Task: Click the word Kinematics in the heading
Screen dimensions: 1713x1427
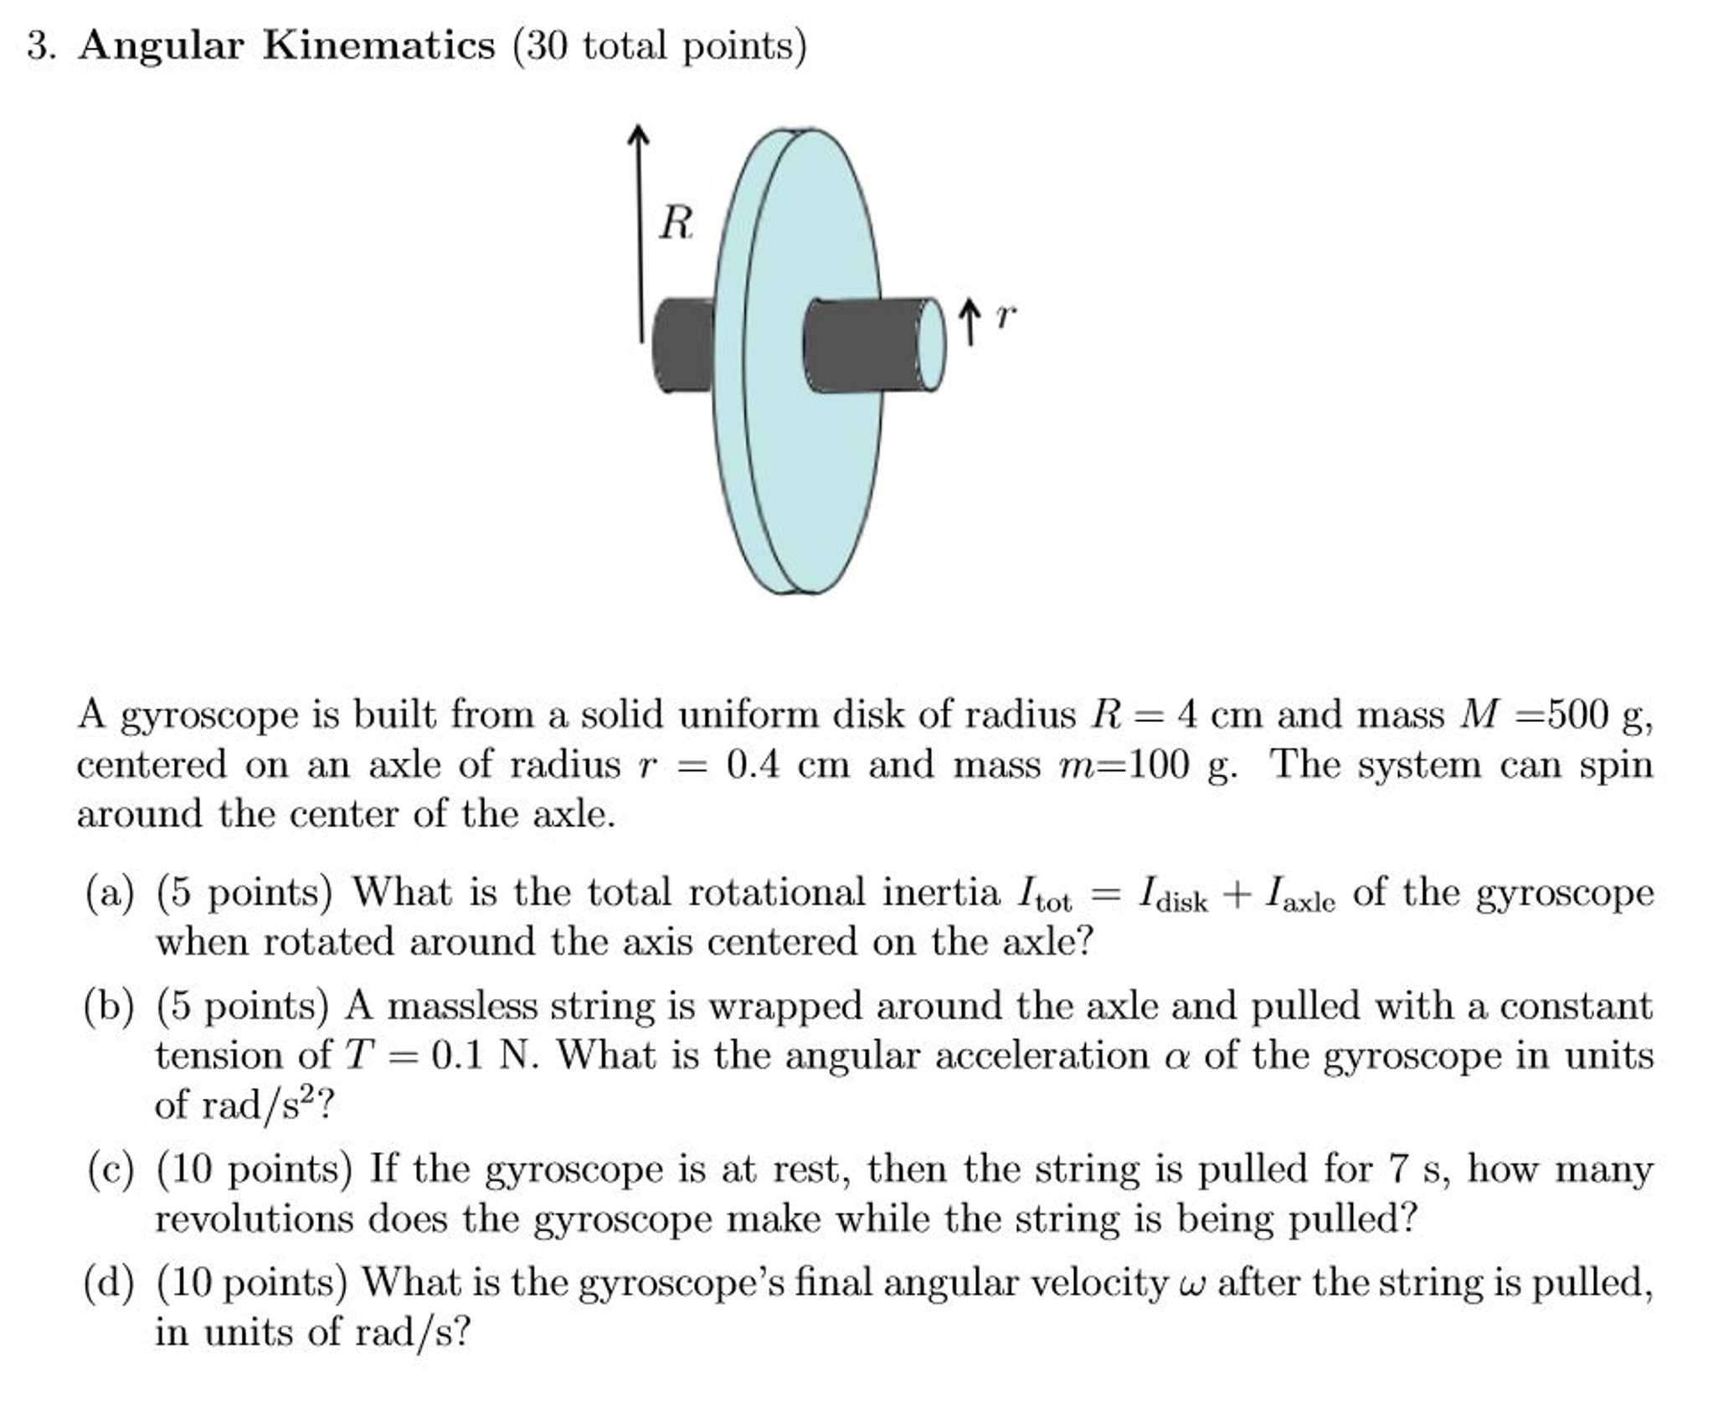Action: click(378, 45)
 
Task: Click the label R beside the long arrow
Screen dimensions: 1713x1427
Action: click(676, 224)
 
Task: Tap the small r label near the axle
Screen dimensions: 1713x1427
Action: click(1006, 317)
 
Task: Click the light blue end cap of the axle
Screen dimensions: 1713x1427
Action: click(931, 344)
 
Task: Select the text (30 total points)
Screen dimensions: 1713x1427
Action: click(660, 46)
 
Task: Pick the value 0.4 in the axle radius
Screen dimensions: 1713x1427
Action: click(753, 764)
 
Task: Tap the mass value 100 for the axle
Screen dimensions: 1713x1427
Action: click(1159, 764)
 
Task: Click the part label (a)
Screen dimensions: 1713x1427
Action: click(110, 893)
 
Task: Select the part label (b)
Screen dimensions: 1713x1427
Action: click(110, 1006)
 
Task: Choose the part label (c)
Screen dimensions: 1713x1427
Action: click(110, 1169)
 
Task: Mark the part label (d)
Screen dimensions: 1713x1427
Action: click(110, 1283)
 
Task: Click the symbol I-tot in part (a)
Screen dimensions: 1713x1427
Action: click(1043, 894)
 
